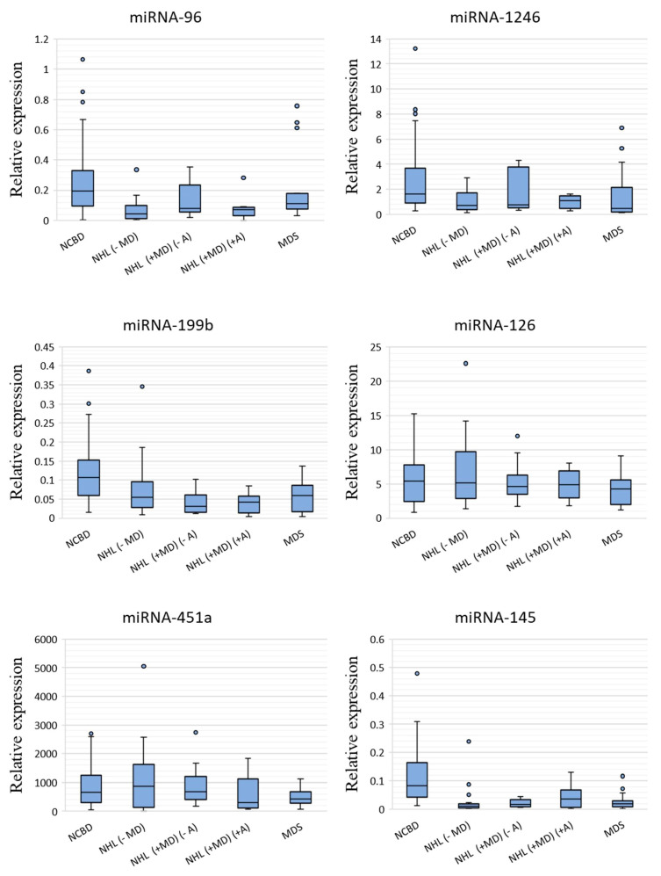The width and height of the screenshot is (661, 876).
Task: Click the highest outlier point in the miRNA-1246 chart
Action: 415,48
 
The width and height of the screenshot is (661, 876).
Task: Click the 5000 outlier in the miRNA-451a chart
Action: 143,666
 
